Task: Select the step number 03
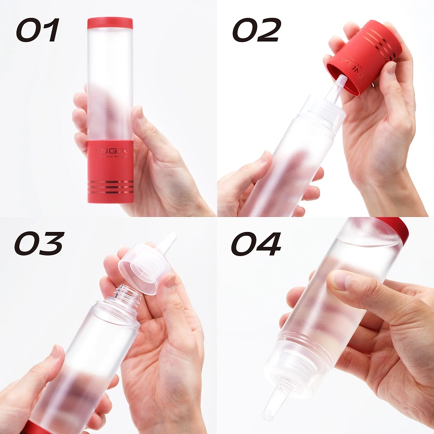tap(38, 244)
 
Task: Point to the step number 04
tap(256, 244)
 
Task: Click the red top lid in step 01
tap(110, 24)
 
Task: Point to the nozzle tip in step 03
tap(168, 241)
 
